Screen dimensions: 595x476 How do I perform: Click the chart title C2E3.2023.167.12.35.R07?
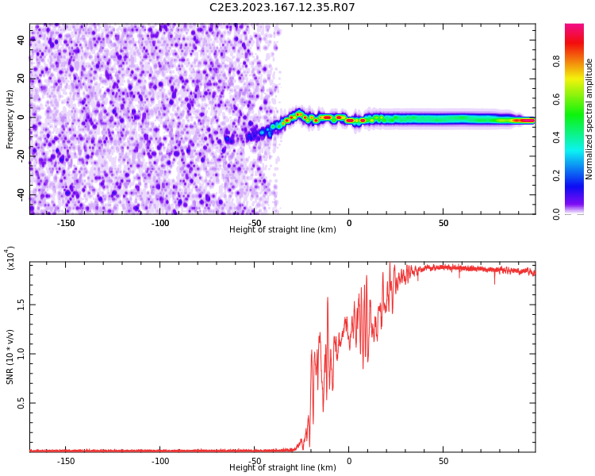[282, 7]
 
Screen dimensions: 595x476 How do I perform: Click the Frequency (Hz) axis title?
[10, 119]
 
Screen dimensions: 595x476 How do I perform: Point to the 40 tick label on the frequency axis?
[21, 40]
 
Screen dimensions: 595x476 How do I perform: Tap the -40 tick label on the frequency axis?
[21, 195]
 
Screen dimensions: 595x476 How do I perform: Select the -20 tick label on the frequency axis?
[21, 156]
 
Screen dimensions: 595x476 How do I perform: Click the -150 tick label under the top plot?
[66, 223]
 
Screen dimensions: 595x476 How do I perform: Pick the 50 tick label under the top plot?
[443, 223]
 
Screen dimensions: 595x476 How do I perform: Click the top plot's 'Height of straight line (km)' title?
[282, 229]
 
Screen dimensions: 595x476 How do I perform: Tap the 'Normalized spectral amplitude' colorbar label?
[589, 119]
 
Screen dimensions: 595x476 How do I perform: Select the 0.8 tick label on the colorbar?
[556, 61]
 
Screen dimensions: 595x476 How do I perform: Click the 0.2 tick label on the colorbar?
[556, 176]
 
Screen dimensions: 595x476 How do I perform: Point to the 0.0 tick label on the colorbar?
[556, 214]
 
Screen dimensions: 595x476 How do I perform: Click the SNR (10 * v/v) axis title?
[10, 356]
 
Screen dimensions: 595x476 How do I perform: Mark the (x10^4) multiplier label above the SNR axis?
[10, 258]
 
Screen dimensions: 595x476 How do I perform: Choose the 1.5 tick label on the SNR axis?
[21, 305]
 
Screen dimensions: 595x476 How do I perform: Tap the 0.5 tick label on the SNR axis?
[21, 403]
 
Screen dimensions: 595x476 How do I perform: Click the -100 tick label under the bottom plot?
[160, 461]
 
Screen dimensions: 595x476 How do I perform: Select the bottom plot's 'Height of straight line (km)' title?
[282, 467]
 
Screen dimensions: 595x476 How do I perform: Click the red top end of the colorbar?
[574, 25]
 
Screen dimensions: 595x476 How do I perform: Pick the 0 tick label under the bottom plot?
[349, 461]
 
